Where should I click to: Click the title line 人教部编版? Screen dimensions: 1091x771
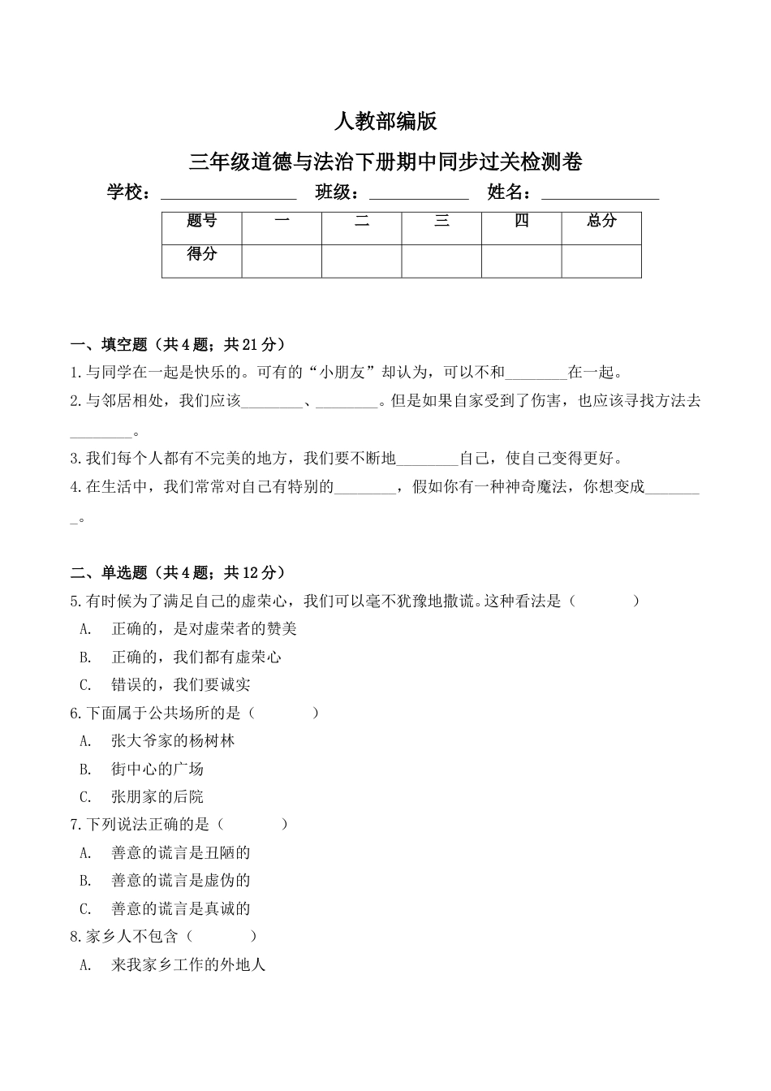(x=385, y=122)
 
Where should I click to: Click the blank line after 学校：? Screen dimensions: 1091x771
(x=229, y=195)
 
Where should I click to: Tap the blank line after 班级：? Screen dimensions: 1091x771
(x=419, y=195)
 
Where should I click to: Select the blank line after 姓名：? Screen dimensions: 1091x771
(x=600, y=195)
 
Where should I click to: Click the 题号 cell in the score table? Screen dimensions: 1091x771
(x=201, y=222)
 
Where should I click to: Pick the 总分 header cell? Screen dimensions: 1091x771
(x=601, y=221)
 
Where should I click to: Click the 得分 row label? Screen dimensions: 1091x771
(x=201, y=254)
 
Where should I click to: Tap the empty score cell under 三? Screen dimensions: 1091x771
(x=441, y=261)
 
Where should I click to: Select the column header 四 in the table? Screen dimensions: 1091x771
(x=522, y=221)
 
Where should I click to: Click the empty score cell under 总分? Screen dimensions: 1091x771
(x=601, y=261)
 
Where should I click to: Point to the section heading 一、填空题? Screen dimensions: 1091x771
(x=178, y=345)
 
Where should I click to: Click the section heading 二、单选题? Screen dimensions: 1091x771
(x=178, y=573)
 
